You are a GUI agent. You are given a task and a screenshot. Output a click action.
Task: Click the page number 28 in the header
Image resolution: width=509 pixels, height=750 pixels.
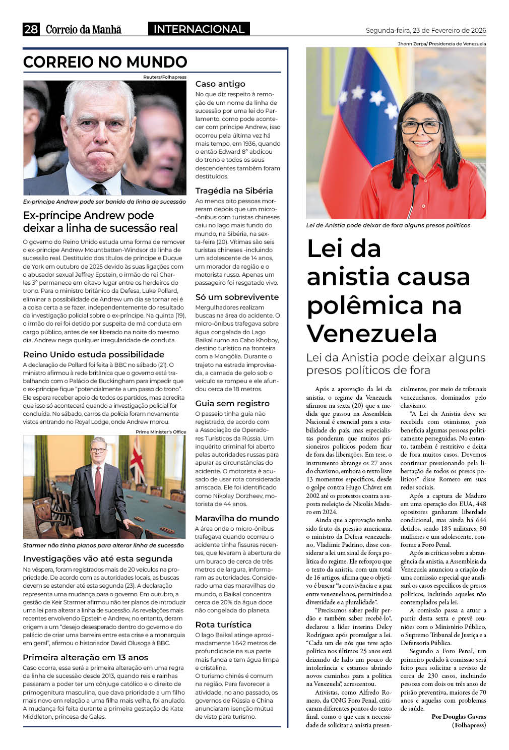pyautogui.click(x=31, y=29)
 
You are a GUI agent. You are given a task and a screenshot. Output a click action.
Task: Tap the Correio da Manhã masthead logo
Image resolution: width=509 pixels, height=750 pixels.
pyautogui.click(x=84, y=29)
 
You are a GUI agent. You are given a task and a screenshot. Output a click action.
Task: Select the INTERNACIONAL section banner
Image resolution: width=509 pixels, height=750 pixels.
pyautogui.click(x=199, y=29)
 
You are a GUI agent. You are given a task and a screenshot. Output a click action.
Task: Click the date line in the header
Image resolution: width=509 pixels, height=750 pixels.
pyautogui.click(x=425, y=30)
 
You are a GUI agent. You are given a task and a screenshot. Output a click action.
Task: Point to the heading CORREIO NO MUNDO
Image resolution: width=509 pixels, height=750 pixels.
pyautogui.click(x=105, y=62)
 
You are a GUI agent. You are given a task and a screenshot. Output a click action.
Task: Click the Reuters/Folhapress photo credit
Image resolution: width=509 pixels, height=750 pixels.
pyautogui.click(x=164, y=77)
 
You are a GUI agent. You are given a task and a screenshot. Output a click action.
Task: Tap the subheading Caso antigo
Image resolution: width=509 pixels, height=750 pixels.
pyautogui.click(x=220, y=84)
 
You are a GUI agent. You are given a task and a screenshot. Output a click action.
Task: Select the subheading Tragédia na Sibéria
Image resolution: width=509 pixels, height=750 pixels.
pyautogui.click(x=234, y=191)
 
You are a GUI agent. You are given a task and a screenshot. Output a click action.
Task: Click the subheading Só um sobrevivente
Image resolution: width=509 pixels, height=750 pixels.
pyautogui.click(x=237, y=297)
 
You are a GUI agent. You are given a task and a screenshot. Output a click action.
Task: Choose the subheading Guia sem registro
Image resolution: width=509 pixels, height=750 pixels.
pyautogui.click(x=232, y=403)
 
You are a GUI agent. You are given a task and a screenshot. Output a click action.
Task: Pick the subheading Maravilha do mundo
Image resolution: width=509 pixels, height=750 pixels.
pyautogui.click(x=237, y=518)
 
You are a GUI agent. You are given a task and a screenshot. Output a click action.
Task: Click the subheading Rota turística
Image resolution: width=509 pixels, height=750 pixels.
pyautogui.click(x=223, y=624)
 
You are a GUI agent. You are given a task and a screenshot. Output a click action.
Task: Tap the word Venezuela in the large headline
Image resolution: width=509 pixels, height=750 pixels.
pyautogui.click(x=371, y=333)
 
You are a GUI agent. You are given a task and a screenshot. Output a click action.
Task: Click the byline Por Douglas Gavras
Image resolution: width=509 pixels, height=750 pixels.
pyautogui.click(x=459, y=717)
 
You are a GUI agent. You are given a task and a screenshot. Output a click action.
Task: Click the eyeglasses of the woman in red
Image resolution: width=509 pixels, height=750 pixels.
pyautogui.click(x=421, y=126)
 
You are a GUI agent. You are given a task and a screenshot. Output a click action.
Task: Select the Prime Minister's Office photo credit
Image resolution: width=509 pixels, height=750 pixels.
pyautogui.click(x=161, y=431)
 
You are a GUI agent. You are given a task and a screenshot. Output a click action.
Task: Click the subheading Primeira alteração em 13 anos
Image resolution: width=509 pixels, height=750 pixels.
pyautogui.click(x=85, y=657)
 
